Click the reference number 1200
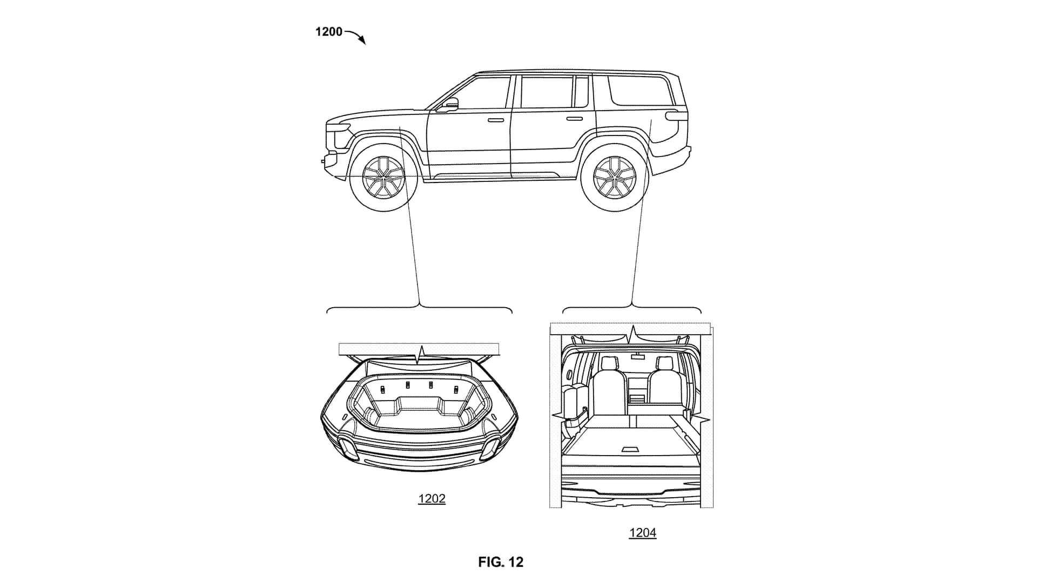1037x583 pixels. click(328, 32)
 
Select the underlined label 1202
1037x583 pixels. click(432, 498)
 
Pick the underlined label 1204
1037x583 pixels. click(642, 533)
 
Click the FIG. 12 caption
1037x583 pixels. click(501, 562)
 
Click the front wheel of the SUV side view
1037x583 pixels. click(383, 176)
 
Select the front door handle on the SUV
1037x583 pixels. click(496, 119)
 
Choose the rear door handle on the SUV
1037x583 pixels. click(575, 119)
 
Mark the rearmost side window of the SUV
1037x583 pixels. click(640, 90)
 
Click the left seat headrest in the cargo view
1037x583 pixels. click(610, 364)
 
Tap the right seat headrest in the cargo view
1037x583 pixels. click(664, 364)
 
